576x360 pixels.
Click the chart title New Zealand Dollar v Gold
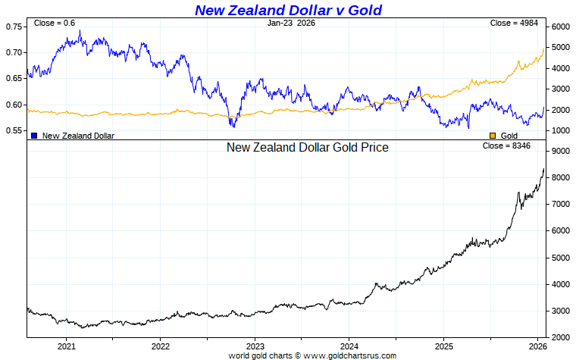pyautogui.click(x=288, y=10)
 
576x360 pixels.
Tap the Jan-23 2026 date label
pyautogui.click(x=291, y=23)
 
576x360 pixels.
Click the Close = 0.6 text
pyautogui.click(x=55, y=23)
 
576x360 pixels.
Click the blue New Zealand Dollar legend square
pyautogui.click(x=34, y=136)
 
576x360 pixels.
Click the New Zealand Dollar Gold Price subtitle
pyautogui.click(x=307, y=147)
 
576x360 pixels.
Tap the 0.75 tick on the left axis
pyautogui.click(x=14, y=27)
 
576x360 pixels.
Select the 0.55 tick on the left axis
pyautogui.click(x=14, y=131)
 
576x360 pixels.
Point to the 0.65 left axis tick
pyautogui.click(x=14, y=79)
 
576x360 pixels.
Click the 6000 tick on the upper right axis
pyautogui.click(x=560, y=27)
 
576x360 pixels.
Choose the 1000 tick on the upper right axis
pyautogui.click(x=560, y=131)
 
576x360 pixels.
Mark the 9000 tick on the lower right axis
pyautogui.click(x=560, y=152)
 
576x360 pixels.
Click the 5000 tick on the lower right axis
pyautogui.click(x=560, y=258)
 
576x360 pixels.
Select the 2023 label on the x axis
pyautogui.click(x=255, y=346)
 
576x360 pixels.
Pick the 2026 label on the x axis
pyautogui.click(x=537, y=346)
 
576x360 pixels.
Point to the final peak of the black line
pyautogui.click(x=543, y=169)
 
